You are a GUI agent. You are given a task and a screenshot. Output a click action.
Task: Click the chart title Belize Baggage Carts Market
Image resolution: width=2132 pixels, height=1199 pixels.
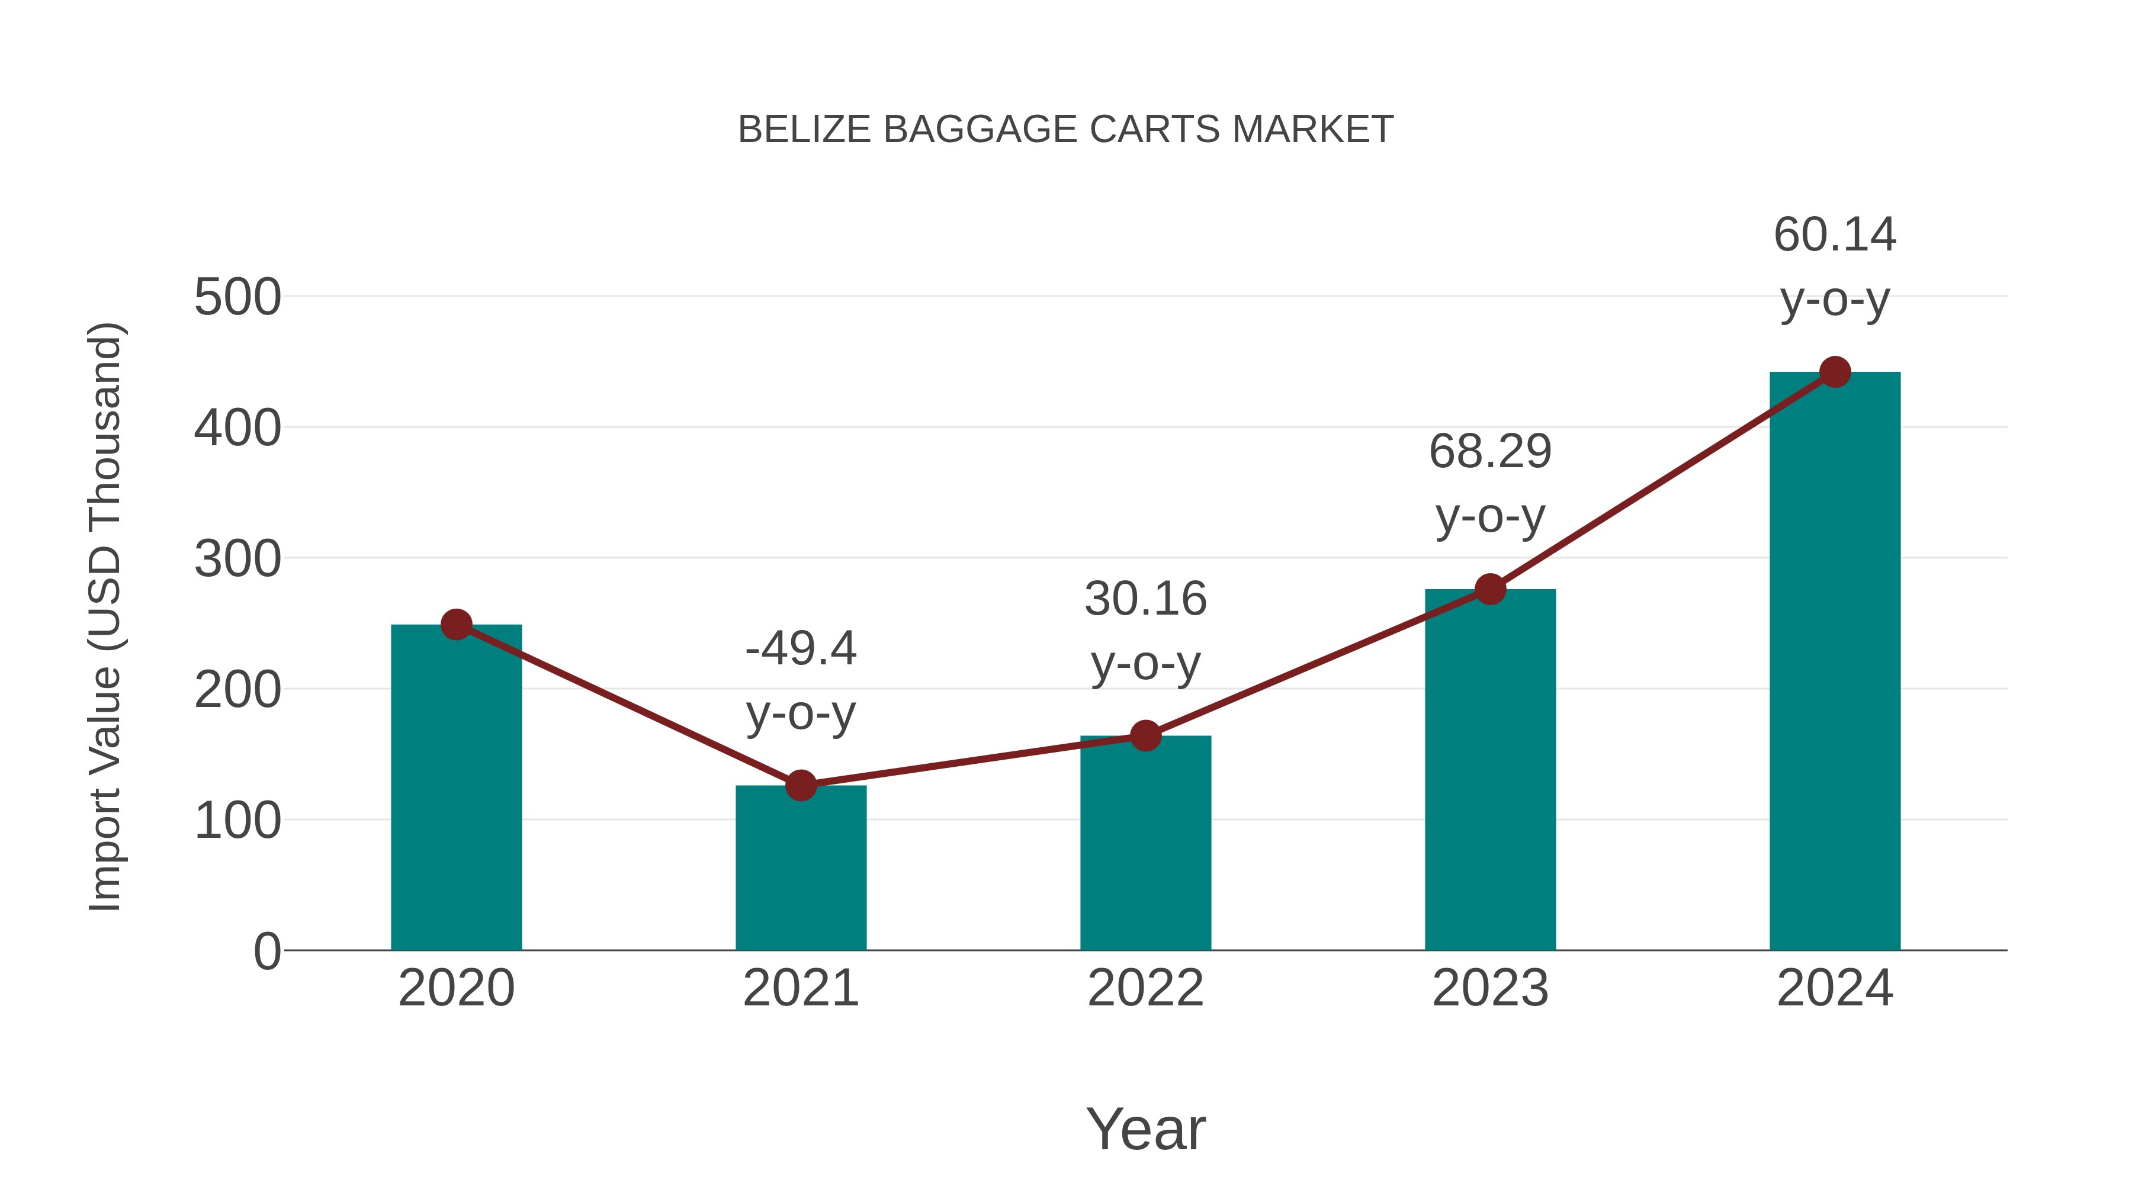pyautogui.click(x=1065, y=130)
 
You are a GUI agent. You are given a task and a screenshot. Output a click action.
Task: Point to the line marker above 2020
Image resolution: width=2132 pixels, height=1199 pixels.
pyautogui.click(x=456, y=625)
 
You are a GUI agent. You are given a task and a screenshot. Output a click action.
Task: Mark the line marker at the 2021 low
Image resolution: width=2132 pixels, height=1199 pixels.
pyautogui.click(x=800, y=785)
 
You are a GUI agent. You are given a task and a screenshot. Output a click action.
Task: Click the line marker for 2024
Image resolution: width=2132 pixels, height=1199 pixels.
pyautogui.click(x=1835, y=372)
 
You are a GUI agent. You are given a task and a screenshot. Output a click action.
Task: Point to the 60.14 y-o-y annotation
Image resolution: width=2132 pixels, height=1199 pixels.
pyautogui.click(x=1835, y=266)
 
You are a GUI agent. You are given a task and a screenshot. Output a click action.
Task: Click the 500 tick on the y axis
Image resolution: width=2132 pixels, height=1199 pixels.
pyautogui.click(x=237, y=297)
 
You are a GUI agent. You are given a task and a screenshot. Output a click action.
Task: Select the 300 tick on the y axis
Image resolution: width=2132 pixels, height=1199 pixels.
pyautogui.click(x=237, y=560)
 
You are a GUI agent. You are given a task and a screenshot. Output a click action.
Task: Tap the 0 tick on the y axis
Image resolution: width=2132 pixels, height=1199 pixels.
pyautogui.click(x=266, y=952)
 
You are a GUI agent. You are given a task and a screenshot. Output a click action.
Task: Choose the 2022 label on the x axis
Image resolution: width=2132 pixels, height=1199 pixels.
pyautogui.click(x=1145, y=988)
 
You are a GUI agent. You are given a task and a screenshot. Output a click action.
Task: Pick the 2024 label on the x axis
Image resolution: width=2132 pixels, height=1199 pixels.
pyautogui.click(x=1835, y=988)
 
